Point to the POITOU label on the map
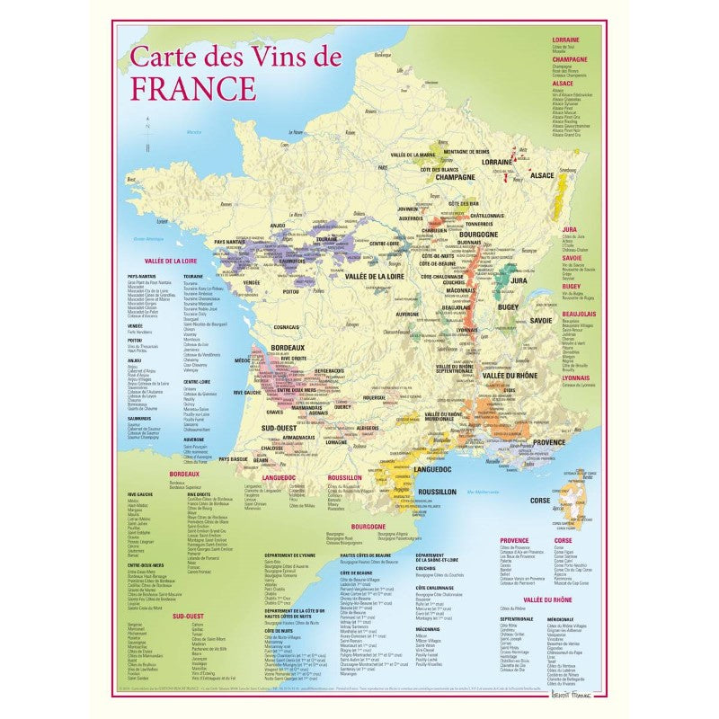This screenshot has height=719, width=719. (x=290, y=291)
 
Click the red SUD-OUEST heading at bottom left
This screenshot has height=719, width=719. (x=190, y=617)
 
